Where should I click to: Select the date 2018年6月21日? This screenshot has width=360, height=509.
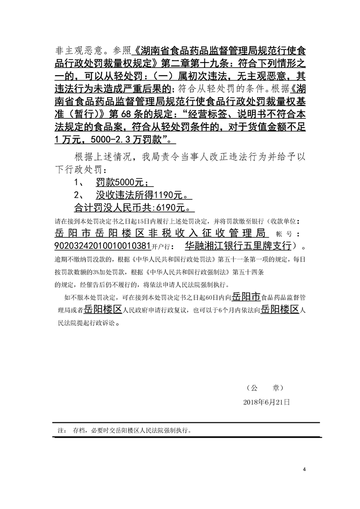[x=266, y=402]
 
